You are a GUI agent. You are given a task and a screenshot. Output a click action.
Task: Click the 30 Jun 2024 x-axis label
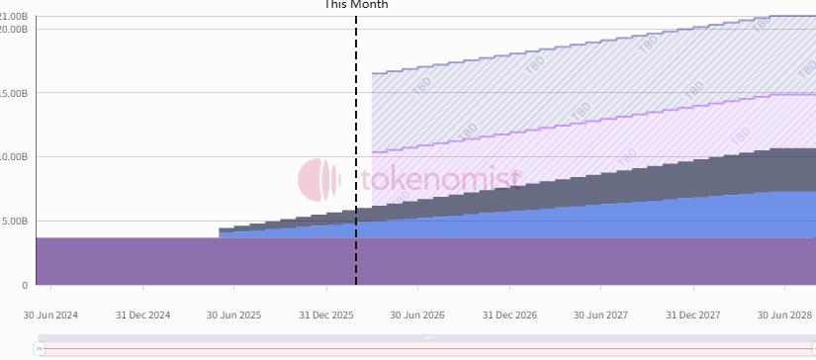(50, 315)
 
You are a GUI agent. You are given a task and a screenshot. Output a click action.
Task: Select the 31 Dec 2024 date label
(142, 315)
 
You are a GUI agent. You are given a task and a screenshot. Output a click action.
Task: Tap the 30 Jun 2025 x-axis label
(233, 315)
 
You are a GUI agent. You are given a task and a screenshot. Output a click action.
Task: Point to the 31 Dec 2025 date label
(326, 315)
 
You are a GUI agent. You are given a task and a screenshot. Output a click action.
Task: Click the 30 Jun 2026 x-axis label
(417, 315)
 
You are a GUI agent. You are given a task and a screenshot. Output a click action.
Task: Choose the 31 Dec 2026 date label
(509, 315)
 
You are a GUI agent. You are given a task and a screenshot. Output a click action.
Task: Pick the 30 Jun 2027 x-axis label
(600, 315)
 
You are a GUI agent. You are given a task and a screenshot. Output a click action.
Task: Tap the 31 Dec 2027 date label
(693, 315)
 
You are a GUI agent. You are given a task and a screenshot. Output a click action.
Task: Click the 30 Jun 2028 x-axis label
(784, 315)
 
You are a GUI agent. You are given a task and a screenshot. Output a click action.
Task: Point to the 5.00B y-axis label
(15, 222)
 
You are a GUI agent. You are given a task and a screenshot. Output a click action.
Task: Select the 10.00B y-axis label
(13, 157)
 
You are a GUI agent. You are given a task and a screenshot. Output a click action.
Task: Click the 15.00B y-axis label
(13, 94)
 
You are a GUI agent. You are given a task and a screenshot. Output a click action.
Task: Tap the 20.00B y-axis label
(13, 29)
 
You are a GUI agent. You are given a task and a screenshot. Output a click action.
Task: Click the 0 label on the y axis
(25, 286)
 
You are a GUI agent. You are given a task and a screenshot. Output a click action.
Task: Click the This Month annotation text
(356, 5)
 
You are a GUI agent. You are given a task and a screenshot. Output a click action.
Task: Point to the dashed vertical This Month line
(356, 148)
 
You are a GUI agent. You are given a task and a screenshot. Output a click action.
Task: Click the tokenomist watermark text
(439, 180)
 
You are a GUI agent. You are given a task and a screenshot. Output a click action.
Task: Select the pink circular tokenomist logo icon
(319, 179)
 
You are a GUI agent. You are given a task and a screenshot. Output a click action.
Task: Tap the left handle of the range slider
(40, 348)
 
